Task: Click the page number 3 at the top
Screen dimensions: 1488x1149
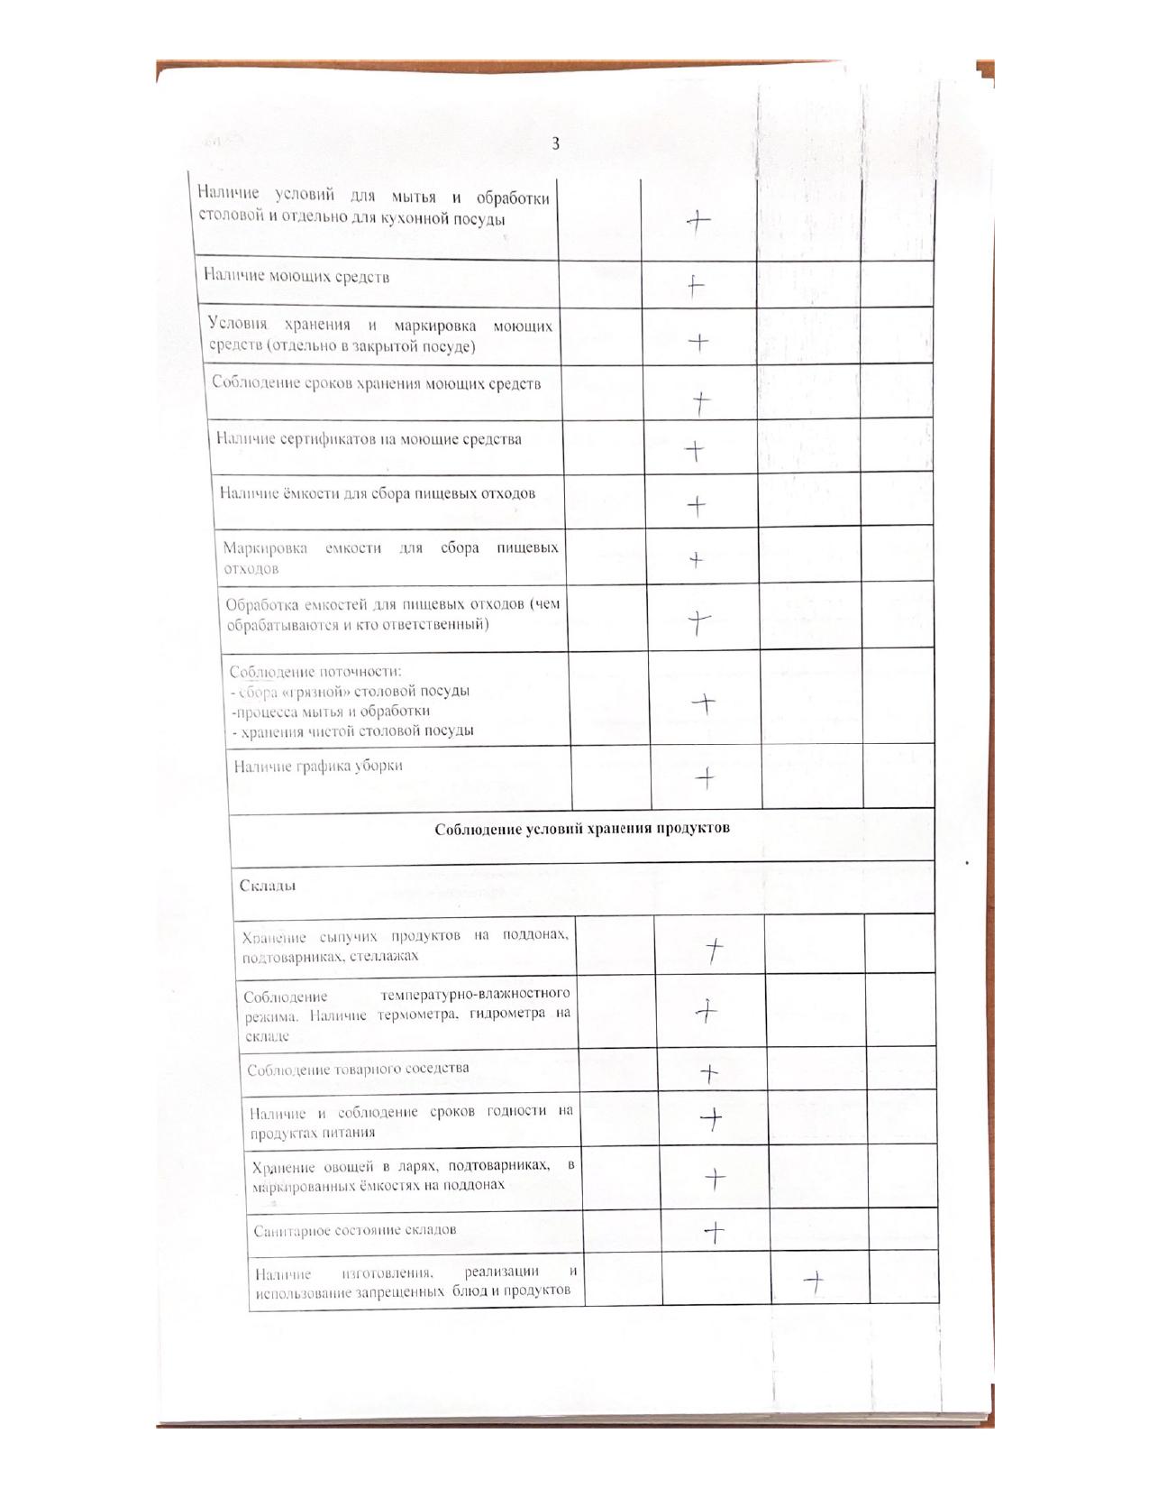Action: (x=555, y=143)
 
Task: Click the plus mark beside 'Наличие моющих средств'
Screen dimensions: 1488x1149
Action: (x=695, y=286)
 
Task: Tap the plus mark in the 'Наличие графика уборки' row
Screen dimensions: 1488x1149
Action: (x=707, y=777)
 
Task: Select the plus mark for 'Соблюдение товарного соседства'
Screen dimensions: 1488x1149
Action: (x=709, y=1072)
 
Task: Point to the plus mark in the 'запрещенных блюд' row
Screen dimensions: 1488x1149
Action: (x=814, y=1281)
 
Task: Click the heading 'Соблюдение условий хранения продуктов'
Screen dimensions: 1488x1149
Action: (x=581, y=828)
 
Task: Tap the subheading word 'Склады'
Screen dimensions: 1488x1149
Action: (x=268, y=886)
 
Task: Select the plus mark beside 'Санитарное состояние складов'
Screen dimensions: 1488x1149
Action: (x=714, y=1231)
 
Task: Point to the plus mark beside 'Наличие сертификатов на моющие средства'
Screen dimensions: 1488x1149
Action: (x=694, y=450)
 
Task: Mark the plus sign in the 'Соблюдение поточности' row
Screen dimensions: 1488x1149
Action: (x=705, y=703)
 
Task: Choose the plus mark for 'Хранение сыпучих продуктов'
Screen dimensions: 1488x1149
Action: (x=714, y=949)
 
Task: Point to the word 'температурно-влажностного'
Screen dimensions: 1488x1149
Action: (x=475, y=995)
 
